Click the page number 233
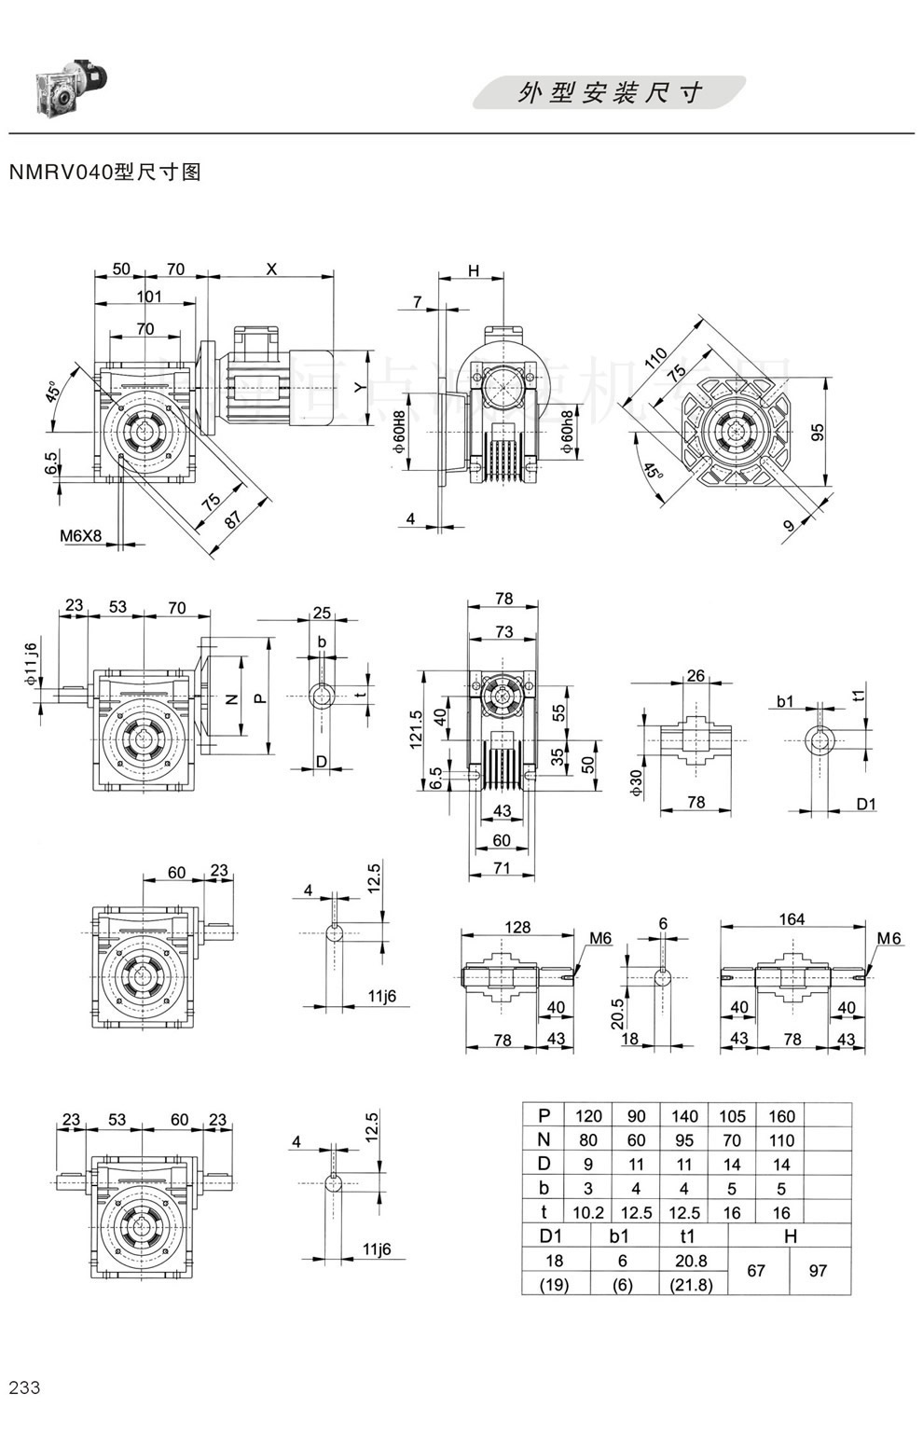tap(24, 1387)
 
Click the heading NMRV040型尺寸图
tap(104, 172)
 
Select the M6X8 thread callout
tap(81, 536)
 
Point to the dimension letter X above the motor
tap(271, 269)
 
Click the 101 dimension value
tap(149, 297)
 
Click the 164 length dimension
tap(792, 919)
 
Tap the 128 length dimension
tap(517, 927)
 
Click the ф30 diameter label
tap(637, 781)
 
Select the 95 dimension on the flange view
tap(817, 432)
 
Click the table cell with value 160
tap(781, 1115)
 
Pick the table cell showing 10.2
tap(588, 1212)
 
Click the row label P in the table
tap(544, 1115)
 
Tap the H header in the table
tap(790, 1236)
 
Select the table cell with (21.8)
tap(691, 1284)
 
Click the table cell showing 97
tap(818, 1271)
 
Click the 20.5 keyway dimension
tap(617, 1013)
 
